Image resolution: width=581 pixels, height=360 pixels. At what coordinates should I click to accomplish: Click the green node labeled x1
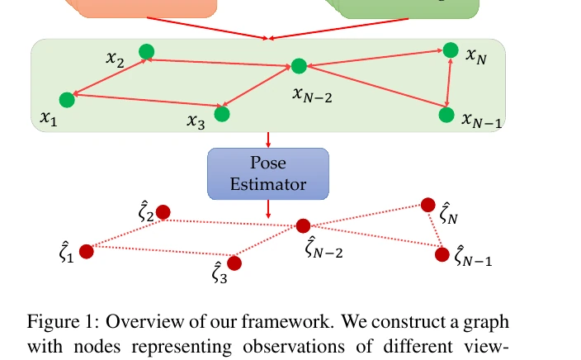(x=67, y=100)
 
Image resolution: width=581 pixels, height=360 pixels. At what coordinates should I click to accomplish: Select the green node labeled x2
(x=147, y=51)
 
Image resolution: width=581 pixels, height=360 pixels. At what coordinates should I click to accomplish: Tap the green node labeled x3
(x=222, y=114)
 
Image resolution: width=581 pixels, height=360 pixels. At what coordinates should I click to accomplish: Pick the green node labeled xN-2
(x=299, y=66)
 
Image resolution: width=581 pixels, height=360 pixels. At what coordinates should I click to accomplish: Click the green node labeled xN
(x=451, y=50)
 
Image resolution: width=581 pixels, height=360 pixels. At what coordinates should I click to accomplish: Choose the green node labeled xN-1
(x=446, y=115)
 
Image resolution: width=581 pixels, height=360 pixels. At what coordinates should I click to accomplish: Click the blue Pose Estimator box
(x=268, y=174)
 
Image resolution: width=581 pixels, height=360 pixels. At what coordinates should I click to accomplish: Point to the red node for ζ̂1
(x=87, y=252)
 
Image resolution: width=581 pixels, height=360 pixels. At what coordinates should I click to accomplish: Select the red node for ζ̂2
(x=163, y=212)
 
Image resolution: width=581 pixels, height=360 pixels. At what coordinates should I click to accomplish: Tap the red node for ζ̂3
(x=234, y=263)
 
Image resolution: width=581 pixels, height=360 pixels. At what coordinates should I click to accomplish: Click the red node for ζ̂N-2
(x=303, y=225)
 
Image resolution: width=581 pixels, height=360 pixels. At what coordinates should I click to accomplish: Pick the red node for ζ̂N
(x=428, y=205)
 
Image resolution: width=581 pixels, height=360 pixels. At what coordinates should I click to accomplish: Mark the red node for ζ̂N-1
(x=442, y=254)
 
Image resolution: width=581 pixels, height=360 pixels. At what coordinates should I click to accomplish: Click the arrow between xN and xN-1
(x=449, y=83)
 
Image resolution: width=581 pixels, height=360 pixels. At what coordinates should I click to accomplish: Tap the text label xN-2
(x=312, y=95)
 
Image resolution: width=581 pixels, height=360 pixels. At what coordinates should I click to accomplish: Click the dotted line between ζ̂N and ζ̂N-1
(x=436, y=230)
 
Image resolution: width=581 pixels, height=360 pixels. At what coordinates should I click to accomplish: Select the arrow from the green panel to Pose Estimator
(x=268, y=140)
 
